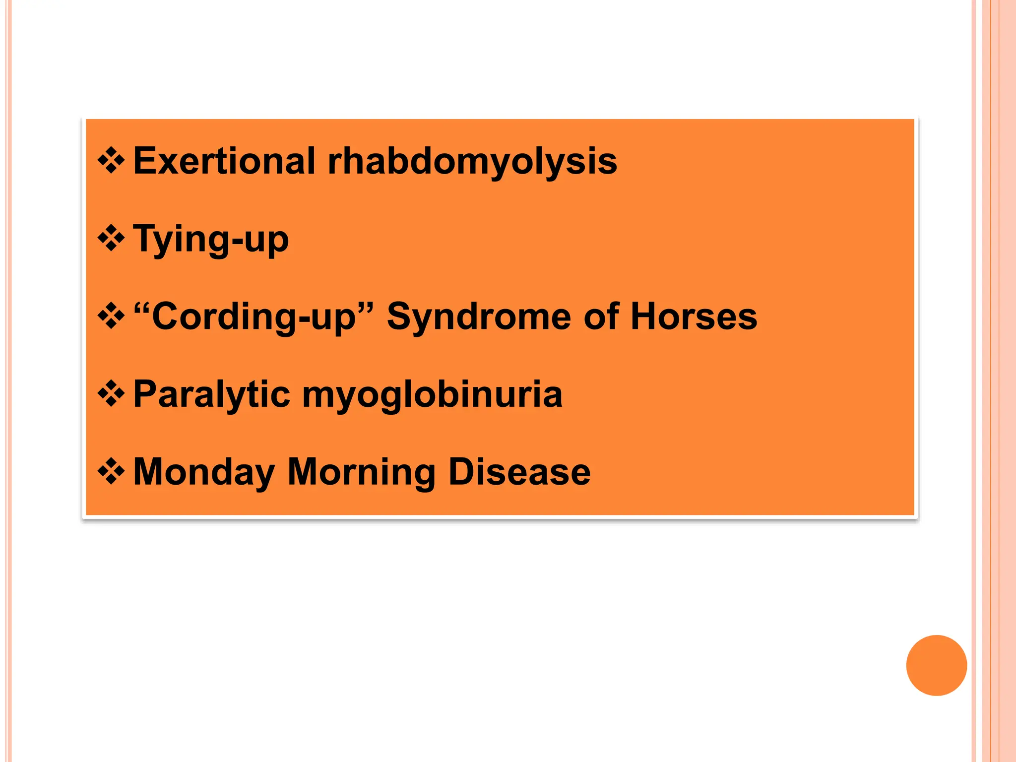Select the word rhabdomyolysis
tap(472, 162)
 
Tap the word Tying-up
tap(211, 239)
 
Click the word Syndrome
tap(479, 317)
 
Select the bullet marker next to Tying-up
tap(111, 239)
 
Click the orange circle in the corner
tap(936, 665)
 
